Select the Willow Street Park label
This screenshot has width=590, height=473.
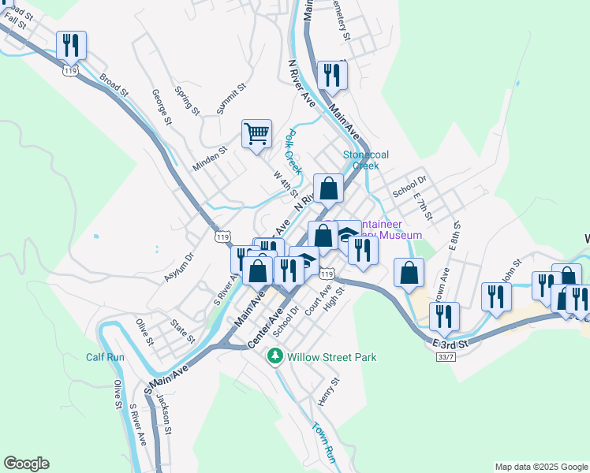[x=331, y=357]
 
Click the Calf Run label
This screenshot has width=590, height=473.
[x=105, y=357]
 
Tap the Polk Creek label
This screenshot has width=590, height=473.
[x=293, y=151]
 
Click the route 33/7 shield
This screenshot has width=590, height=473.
[x=446, y=356]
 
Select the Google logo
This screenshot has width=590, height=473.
[x=26, y=464]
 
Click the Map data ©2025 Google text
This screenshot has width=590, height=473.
[x=540, y=467]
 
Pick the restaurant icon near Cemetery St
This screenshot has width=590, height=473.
[x=331, y=76]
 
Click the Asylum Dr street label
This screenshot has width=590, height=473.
[x=178, y=268]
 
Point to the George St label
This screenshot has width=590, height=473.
[x=162, y=107]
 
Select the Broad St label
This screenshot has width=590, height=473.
[x=114, y=86]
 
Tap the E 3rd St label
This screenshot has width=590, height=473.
[x=450, y=344]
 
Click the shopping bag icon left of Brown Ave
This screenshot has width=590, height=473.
[x=409, y=274]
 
